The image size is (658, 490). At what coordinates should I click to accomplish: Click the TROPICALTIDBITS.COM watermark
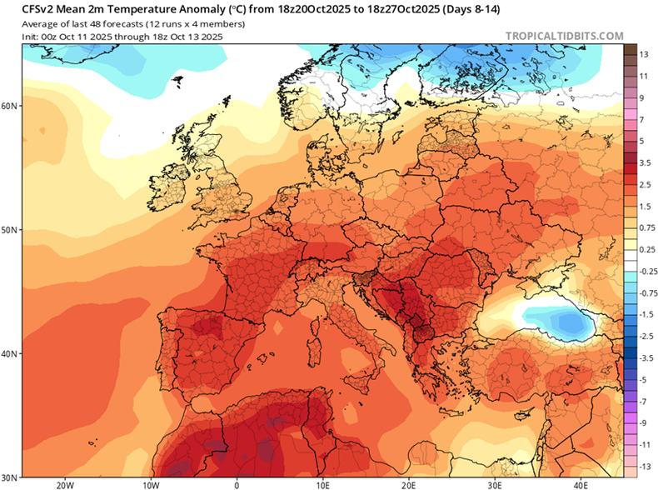tap(563, 36)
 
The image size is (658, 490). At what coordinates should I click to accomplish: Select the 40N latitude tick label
tap(9, 353)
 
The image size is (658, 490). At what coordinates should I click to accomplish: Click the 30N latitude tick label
tap(9, 477)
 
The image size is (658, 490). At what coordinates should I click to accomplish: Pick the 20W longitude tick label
tap(64, 484)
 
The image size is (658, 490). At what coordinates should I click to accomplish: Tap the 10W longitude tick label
tap(151, 484)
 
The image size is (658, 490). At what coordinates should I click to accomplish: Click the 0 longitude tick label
tap(237, 484)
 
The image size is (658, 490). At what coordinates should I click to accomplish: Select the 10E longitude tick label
tap(322, 484)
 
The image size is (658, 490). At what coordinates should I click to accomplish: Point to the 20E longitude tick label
tap(408, 484)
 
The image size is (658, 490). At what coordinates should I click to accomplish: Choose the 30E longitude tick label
tap(494, 484)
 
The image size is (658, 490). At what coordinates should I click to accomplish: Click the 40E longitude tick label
tap(580, 484)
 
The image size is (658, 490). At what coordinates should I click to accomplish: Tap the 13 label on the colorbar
tap(644, 54)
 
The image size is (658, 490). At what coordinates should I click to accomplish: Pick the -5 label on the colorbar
tap(644, 379)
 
